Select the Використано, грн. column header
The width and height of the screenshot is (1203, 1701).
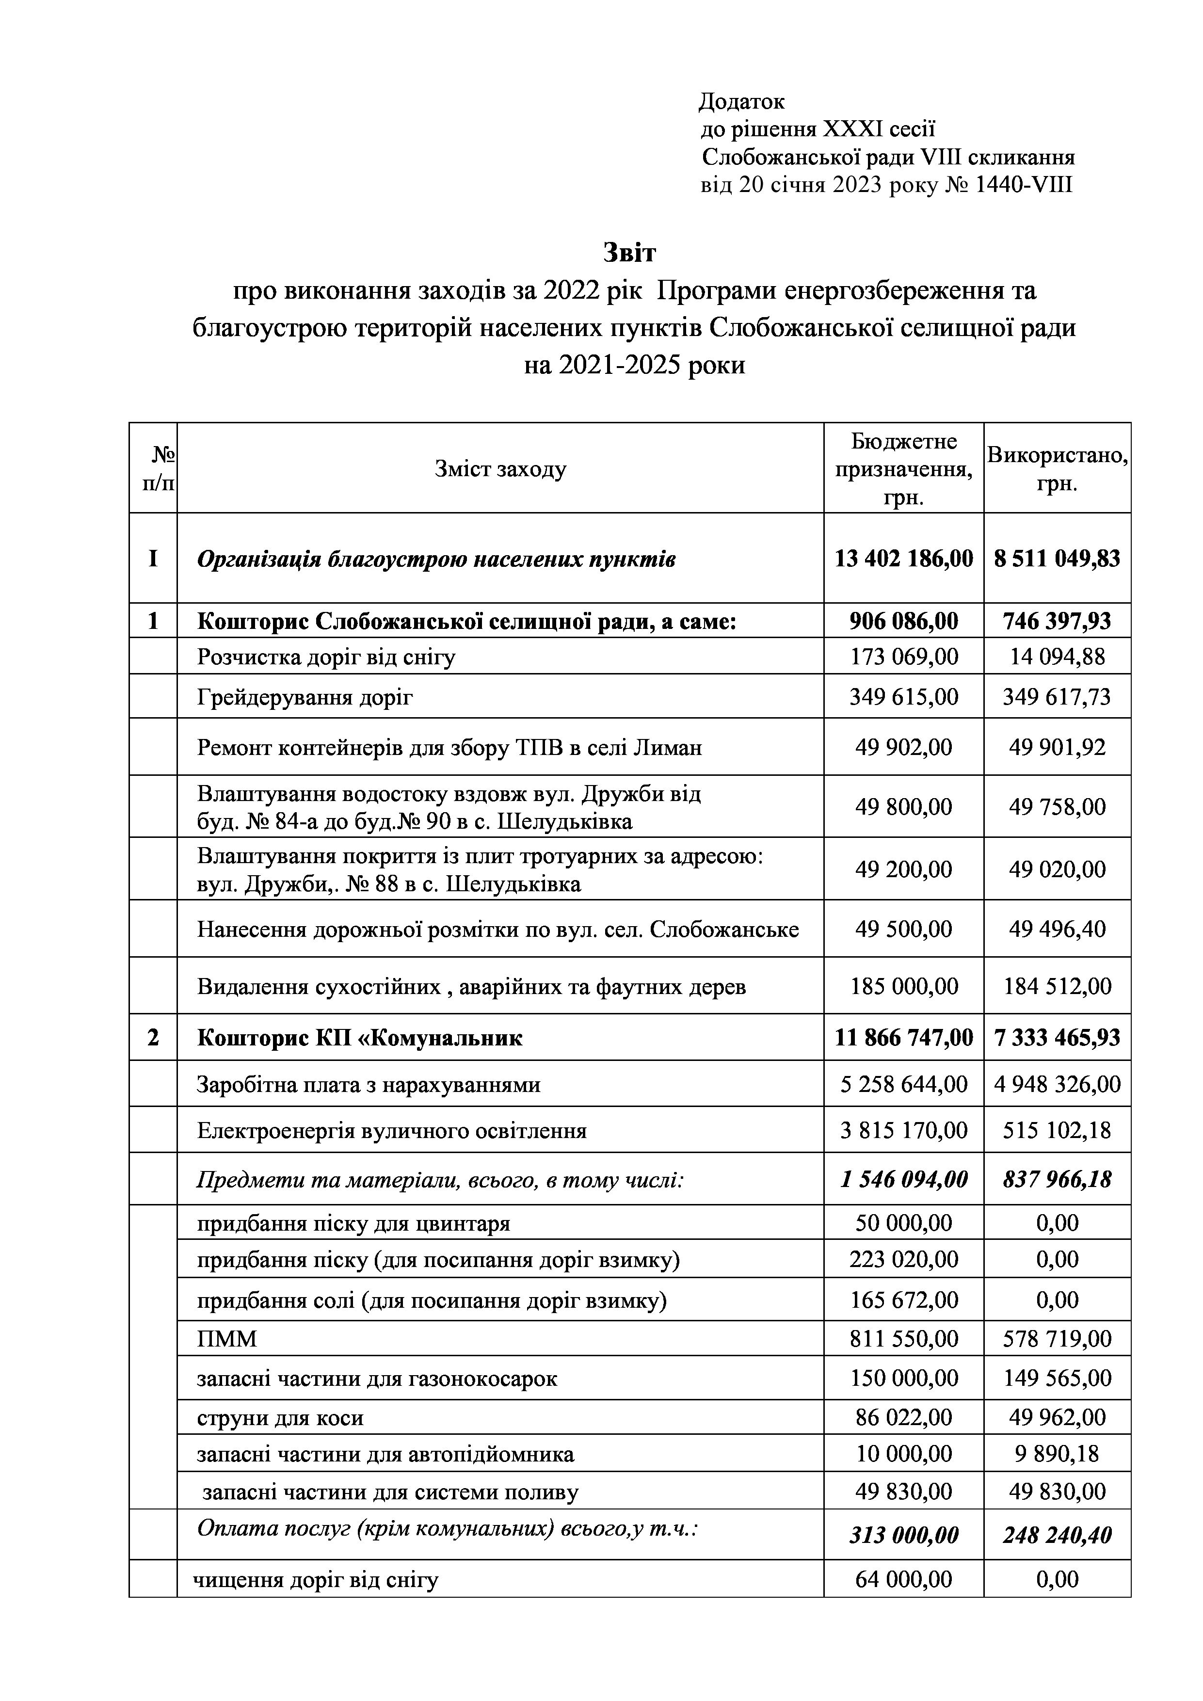pos(1057,469)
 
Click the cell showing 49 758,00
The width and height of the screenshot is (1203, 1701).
pos(1057,806)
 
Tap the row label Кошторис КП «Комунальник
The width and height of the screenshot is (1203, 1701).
pos(359,1037)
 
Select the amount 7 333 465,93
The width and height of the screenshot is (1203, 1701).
pos(1057,1037)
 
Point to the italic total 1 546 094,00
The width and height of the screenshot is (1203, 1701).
pos(904,1179)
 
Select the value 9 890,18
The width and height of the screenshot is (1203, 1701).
pos(1057,1454)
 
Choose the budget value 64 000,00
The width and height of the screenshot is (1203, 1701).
pos(904,1579)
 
